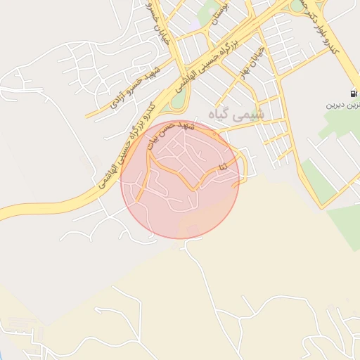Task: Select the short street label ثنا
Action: tap(223, 167)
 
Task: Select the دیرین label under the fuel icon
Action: tap(341, 105)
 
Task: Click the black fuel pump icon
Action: tap(352, 94)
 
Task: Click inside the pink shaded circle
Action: tap(180, 204)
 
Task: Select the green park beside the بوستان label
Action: tap(208, 14)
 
